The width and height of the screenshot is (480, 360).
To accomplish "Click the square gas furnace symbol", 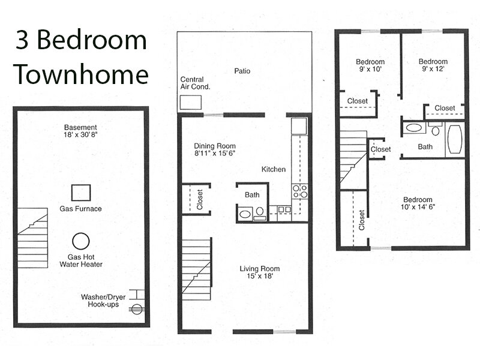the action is pyautogui.click(x=81, y=193).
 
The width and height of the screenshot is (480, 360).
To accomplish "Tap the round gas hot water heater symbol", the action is pyautogui.click(x=81, y=241).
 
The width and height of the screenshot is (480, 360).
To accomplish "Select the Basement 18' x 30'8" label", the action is pyautogui.click(x=80, y=131).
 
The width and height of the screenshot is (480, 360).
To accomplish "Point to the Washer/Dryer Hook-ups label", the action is pyautogui.click(x=103, y=301).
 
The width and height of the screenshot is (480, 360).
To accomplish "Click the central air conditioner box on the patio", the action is pyautogui.click(x=190, y=102).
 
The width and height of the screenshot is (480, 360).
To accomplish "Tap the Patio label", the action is pyautogui.click(x=242, y=71).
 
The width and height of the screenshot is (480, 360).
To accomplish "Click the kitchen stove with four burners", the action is pyautogui.click(x=300, y=191).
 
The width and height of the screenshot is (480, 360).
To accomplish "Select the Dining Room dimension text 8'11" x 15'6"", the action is pyautogui.click(x=215, y=153).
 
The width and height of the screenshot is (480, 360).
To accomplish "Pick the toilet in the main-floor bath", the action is pyautogui.click(x=260, y=213).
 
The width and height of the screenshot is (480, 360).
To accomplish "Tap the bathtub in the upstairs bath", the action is pyautogui.click(x=455, y=139).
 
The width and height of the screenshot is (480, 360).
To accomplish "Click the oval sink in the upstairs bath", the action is pyautogui.click(x=414, y=127).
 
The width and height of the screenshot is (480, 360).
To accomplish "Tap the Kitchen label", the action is pyautogui.click(x=274, y=169).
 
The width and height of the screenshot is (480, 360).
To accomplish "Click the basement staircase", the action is pyautogui.click(x=32, y=238).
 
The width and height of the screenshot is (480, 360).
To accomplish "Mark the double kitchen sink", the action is pyautogui.click(x=284, y=209).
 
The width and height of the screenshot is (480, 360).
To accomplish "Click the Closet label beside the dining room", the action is pyautogui.click(x=200, y=199).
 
